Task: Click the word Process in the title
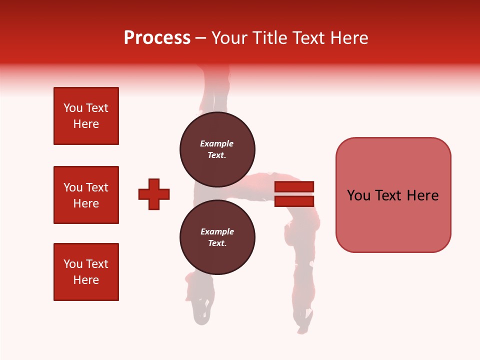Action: point(157,38)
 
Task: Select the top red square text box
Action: point(86,116)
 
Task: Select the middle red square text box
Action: point(86,195)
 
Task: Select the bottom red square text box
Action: point(86,272)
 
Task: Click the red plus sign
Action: point(154,194)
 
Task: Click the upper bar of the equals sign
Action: point(294,186)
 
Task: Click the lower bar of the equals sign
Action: point(294,201)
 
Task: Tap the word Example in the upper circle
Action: point(216,143)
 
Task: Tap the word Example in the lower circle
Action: point(217,231)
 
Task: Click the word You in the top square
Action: point(73,108)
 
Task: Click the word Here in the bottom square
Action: point(86,280)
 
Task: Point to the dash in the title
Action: point(201,38)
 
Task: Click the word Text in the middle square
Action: point(97,187)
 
